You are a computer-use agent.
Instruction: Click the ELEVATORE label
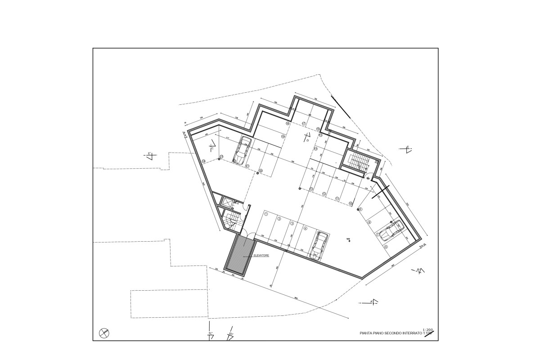click(261, 255)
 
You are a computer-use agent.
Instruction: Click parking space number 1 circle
click(266, 214)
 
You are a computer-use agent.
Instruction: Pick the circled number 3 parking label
click(292, 223)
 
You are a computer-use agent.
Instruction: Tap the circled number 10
click(351, 203)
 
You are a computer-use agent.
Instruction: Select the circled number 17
click(304, 124)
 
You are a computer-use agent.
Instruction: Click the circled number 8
click(369, 222)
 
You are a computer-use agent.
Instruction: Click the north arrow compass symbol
click(104, 333)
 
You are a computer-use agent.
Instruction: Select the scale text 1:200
click(427, 329)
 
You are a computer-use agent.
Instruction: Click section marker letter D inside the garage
click(307, 140)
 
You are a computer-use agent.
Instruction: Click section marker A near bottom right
click(371, 301)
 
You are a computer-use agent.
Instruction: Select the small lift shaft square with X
click(227, 203)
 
